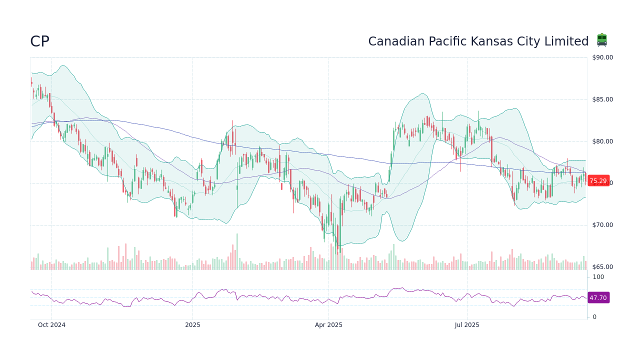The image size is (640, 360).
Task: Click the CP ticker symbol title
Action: [39, 41]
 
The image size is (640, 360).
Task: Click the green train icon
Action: [602, 40]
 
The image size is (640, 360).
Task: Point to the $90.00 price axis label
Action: [602, 57]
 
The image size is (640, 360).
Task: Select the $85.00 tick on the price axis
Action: [602, 99]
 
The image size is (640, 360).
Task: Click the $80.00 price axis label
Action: [602, 141]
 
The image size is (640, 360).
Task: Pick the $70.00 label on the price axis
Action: [602, 225]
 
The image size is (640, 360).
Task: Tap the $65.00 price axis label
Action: [602, 267]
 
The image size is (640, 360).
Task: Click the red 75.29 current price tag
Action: [598, 181]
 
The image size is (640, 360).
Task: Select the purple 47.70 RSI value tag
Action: [598, 297]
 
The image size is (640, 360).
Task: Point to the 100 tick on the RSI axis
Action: [598, 277]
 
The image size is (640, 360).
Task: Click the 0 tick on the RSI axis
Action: [594, 317]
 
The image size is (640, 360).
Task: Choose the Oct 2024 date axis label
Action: [51, 325]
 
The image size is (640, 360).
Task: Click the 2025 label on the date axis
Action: [192, 325]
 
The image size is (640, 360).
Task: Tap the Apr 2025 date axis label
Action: [328, 325]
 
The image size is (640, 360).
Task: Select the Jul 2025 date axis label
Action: [467, 325]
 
